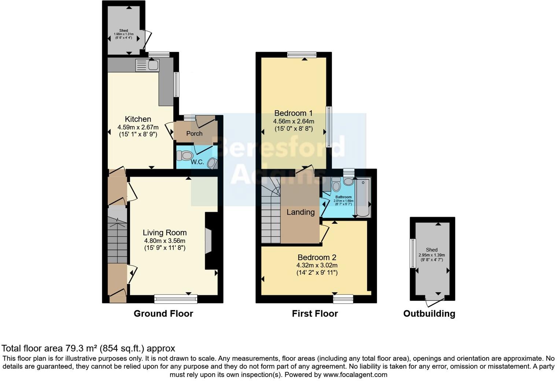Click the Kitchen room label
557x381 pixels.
138,119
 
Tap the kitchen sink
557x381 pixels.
147,65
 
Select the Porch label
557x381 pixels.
194,133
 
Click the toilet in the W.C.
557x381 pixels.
185,156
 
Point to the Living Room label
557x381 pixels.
165,233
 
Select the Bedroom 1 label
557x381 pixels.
294,113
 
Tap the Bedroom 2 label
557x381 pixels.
317,258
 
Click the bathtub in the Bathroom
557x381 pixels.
363,198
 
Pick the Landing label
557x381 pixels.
300,212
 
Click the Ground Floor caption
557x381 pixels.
163,314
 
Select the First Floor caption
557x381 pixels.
315,314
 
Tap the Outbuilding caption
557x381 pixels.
429,314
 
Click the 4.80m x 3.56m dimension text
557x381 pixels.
165,241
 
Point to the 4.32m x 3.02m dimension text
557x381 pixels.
317,265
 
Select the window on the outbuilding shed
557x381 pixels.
413,253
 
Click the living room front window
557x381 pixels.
176,299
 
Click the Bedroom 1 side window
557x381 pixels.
329,126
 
